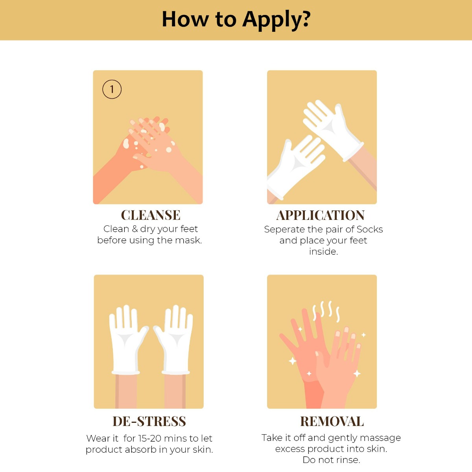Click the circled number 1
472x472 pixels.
point(112,89)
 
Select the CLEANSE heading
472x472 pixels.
point(151,215)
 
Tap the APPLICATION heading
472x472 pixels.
point(321,216)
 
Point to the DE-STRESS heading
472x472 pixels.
point(149,421)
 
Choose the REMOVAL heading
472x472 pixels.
point(332,421)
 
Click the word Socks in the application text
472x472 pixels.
point(370,229)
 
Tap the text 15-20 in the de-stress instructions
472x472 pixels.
point(149,438)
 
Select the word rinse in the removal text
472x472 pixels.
point(348,460)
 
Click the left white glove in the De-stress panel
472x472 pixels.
point(127,341)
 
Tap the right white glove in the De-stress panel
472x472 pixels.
point(174,341)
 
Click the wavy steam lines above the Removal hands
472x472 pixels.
point(326,311)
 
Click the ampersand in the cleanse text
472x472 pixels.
point(135,229)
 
